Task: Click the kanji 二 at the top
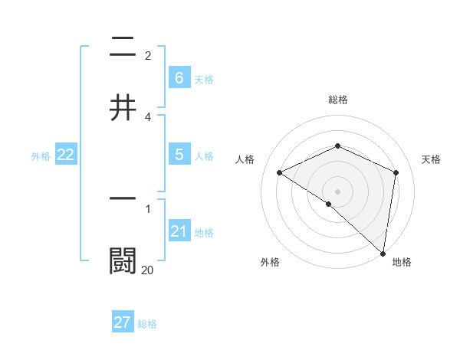pyautogui.click(x=123, y=47)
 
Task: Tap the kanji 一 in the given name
pyautogui.click(x=123, y=198)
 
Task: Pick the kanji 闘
pyautogui.click(x=123, y=260)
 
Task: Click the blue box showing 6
pyautogui.click(x=179, y=77)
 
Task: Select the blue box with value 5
pyautogui.click(x=179, y=155)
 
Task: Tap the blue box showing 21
pyautogui.click(x=179, y=231)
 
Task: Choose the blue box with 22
pyautogui.click(x=66, y=155)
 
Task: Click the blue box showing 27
pyautogui.click(x=123, y=322)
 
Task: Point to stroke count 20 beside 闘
pyautogui.click(x=147, y=270)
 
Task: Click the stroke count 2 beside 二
pyautogui.click(x=148, y=56)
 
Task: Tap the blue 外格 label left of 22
pyautogui.click(x=41, y=155)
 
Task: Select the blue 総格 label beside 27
pyautogui.click(x=147, y=324)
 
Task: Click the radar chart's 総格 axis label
pyautogui.click(x=338, y=100)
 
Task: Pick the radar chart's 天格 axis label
pyautogui.click(x=431, y=159)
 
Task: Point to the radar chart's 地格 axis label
pyautogui.click(x=402, y=262)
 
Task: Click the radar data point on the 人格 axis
pyautogui.click(x=280, y=172)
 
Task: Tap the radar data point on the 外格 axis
pyautogui.click(x=329, y=204)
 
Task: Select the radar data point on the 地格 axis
pyautogui.click(x=383, y=253)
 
